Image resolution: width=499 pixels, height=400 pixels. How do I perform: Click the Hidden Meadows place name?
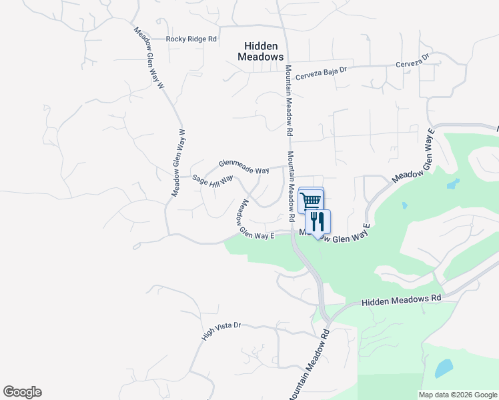pyautogui.click(x=260, y=51)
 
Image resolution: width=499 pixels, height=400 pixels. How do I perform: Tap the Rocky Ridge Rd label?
pyautogui.click(x=192, y=39)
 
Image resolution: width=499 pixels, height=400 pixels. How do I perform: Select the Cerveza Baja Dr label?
pyautogui.click(x=322, y=71)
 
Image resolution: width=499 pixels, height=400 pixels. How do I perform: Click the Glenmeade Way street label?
pyautogui.click(x=244, y=167)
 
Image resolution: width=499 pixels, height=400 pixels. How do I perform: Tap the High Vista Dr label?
pyautogui.click(x=221, y=332)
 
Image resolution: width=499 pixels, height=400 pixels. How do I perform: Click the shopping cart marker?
pyautogui.click(x=312, y=200)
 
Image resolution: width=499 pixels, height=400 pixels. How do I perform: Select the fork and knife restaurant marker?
pyautogui.click(x=318, y=221)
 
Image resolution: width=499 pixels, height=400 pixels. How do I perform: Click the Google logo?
pyautogui.click(x=22, y=392)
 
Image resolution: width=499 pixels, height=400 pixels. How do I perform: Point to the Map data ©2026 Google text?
pyautogui.click(x=457, y=395)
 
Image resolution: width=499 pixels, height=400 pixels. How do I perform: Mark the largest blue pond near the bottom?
pyautogui.click(x=444, y=368)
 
